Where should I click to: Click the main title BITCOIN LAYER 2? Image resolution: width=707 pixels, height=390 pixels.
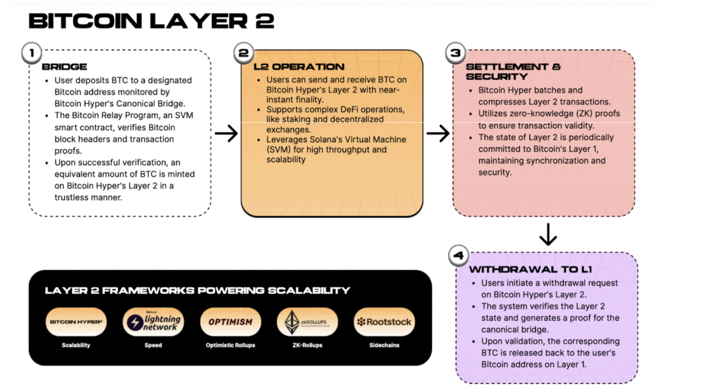(x=151, y=21)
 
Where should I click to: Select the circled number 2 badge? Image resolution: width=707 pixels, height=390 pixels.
(x=242, y=52)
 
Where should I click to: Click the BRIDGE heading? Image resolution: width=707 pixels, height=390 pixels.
(x=64, y=67)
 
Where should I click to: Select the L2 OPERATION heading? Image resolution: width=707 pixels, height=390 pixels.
(x=289, y=67)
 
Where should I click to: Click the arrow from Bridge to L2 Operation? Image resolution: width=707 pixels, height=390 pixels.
(x=226, y=133)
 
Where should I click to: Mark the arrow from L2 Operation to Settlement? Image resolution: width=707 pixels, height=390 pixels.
(x=438, y=133)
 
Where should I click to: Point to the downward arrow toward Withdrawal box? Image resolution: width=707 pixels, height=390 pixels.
(x=548, y=235)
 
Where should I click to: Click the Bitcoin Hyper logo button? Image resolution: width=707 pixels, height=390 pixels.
(x=76, y=322)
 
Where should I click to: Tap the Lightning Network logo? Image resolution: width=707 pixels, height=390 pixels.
(x=153, y=322)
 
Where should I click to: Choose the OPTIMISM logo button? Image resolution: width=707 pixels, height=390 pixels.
(x=231, y=322)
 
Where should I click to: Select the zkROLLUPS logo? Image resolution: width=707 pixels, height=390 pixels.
(x=307, y=322)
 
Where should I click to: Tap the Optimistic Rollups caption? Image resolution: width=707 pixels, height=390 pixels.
(x=231, y=345)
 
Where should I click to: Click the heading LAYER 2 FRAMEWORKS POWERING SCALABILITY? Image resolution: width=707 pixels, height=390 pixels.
(x=197, y=291)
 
